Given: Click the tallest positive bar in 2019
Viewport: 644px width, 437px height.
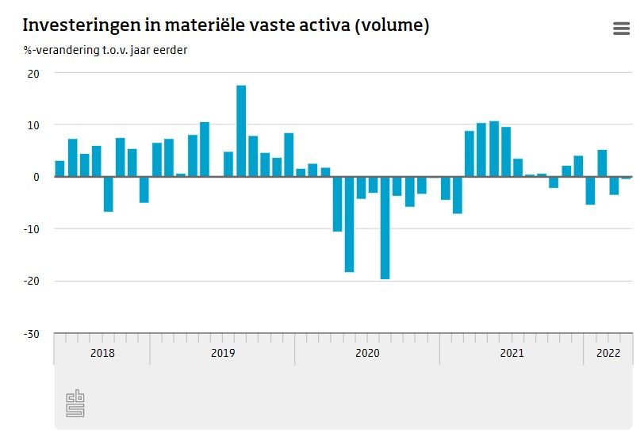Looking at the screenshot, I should tap(241, 131).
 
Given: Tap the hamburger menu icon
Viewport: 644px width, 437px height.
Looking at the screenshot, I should tap(621, 29).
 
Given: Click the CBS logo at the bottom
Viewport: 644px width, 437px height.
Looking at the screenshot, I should tap(75, 403).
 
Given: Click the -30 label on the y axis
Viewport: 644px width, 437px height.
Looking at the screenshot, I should tap(32, 333).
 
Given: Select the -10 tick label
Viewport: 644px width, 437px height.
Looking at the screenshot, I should tap(32, 229).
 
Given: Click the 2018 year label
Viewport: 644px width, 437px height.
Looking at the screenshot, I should tap(102, 353).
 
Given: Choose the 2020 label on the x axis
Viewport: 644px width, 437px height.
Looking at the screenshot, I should tap(367, 353).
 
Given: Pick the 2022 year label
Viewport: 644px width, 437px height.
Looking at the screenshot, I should tap(608, 353).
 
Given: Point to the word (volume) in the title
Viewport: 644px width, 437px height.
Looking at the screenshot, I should tap(392, 25).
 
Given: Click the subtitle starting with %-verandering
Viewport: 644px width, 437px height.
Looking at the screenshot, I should tap(105, 51).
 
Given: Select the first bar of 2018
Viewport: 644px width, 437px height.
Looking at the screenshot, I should tap(59, 169).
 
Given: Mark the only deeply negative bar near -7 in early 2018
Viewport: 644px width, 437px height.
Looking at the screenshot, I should tap(108, 194).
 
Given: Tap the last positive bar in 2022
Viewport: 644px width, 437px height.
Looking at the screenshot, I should tap(602, 163).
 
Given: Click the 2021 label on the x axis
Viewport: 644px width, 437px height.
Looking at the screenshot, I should tap(512, 353).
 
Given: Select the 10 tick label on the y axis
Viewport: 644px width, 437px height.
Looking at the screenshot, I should tap(35, 125).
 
